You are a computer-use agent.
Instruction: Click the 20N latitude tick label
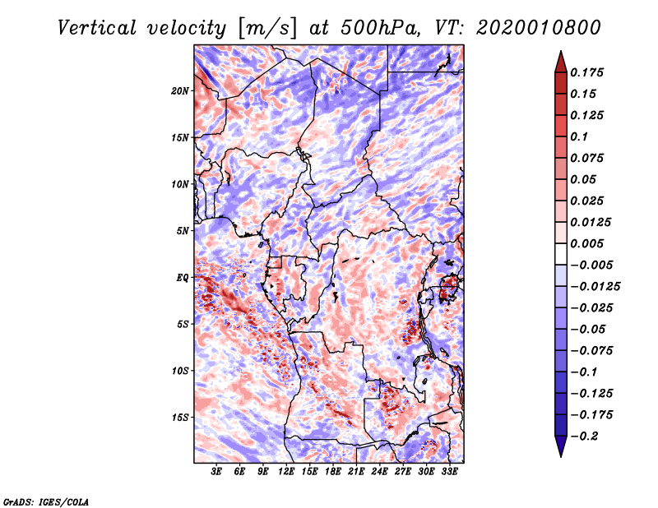tap(180, 90)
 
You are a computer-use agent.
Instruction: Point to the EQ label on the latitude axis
tap(182, 277)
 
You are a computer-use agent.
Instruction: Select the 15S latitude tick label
tap(180, 417)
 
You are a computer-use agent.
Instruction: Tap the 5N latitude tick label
tap(183, 230)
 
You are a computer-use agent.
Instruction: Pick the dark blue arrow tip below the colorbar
tap(560, 449)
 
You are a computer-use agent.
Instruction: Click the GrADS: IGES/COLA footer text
tap(46, 501)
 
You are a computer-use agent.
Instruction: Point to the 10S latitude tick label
tap(180, 371)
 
